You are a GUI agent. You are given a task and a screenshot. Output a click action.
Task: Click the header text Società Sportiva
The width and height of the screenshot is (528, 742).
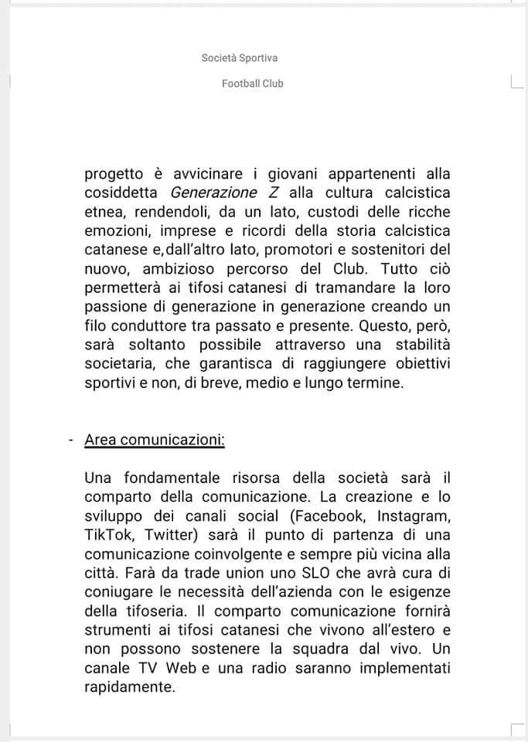[x=239, y=58]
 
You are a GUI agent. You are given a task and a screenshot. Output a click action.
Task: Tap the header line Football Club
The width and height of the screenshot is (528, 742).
[x=252, y=83]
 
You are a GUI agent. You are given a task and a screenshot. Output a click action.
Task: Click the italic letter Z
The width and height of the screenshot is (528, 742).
[x=273, y=192]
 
